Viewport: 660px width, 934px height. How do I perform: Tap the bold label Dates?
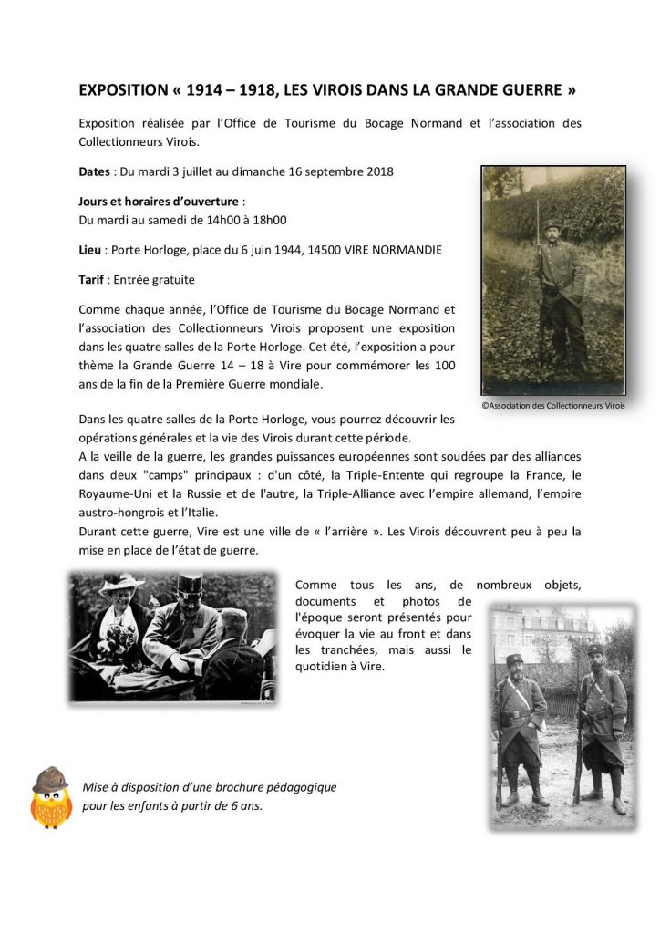pyautogui.click(x=95, y=171)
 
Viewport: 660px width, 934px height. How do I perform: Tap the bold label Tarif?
pyautogui.click(x=92, y=280)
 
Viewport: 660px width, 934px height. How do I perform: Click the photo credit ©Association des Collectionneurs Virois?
pyautogui.click(x=553, y=406)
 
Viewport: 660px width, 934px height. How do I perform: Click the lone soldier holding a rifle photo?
pyautogui.click(x=553, y=280)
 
